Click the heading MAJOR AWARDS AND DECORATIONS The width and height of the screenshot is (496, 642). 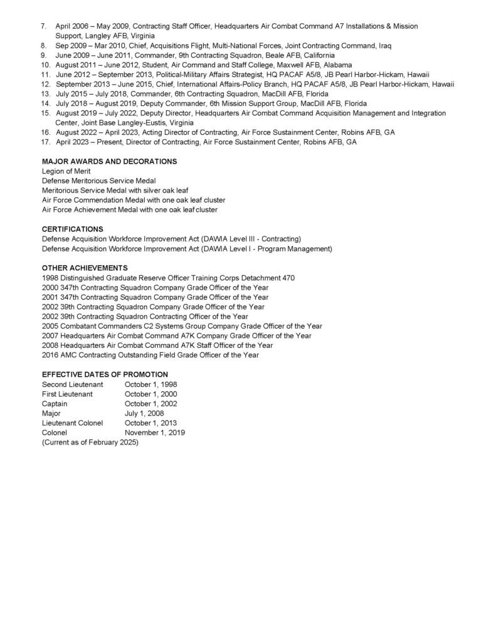point(109,162)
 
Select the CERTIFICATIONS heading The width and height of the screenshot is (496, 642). point(73,229)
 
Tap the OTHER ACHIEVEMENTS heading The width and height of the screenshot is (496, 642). point(85,268)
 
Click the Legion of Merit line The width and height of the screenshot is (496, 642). point(66,171)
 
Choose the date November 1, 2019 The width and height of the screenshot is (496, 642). point(155,433)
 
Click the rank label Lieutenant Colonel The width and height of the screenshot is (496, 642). point(72,423)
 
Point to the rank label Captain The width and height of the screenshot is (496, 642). point(55,404)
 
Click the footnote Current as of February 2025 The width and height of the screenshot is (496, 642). point(90,443)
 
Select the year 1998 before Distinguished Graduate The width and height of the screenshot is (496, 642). point(50,278)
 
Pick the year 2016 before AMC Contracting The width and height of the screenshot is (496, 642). point(50,355)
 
